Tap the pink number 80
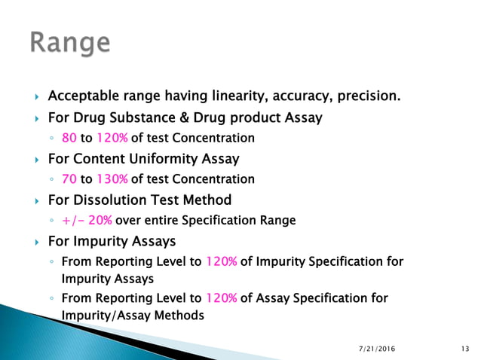tap(69, 138)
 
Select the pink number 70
tap(69, 179)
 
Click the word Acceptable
tap(81, 96)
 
